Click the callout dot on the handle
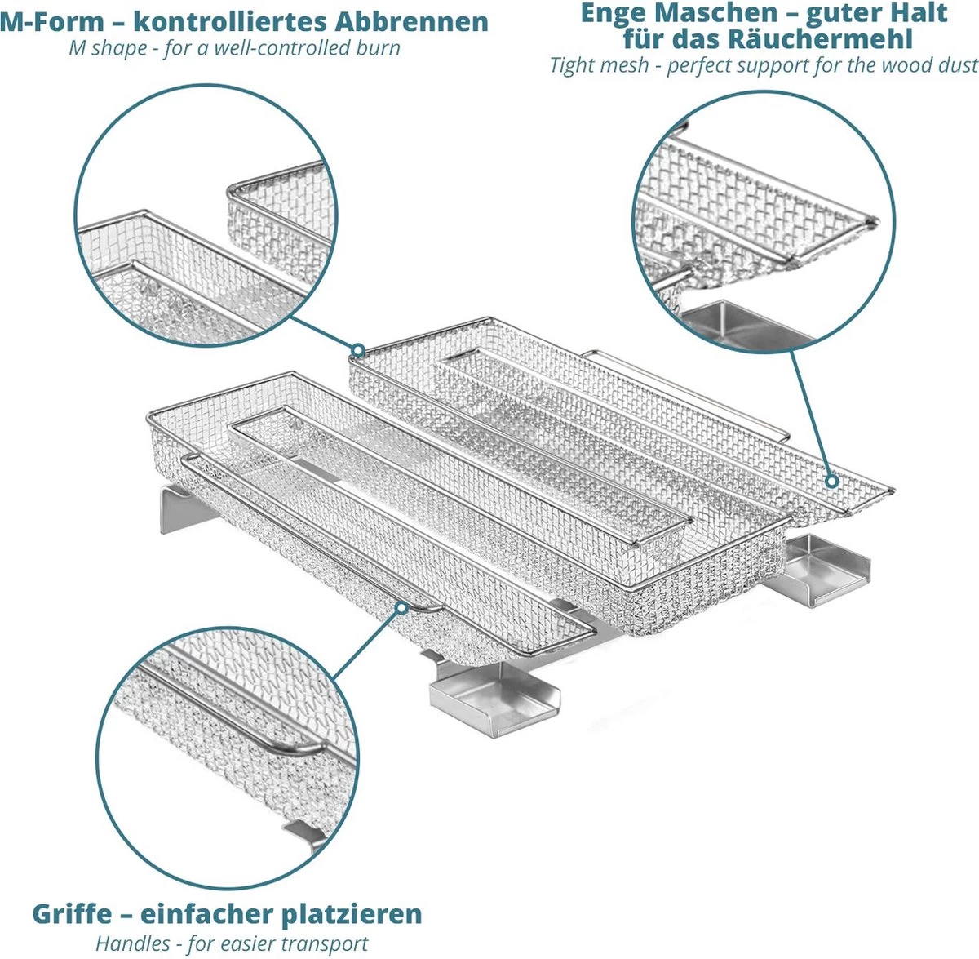pyautogui.click(x=401, y=608)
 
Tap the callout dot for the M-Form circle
pyautogui.click(x=357, y=350)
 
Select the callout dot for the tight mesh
pyautogui.click(x=831, y=482)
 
